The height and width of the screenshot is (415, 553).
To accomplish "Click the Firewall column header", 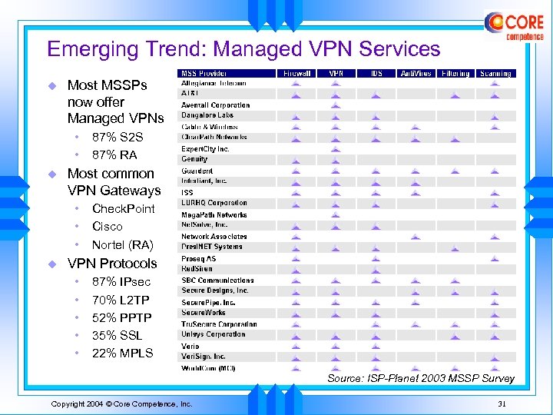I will pos(296,74).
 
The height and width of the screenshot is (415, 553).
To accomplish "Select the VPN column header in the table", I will pos(336,74).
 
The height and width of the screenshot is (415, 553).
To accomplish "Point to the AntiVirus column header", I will pos(416,74).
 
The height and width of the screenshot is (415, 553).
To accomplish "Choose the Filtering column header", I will pos(455,74).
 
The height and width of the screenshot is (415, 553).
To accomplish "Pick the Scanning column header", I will pos(495,74).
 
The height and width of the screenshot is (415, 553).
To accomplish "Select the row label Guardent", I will pos(197,171).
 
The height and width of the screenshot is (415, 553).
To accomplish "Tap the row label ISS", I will pos(187,192).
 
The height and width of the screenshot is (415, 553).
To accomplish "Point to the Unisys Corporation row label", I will pos(214,334).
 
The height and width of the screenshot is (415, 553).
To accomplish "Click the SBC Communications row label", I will pos(217,281).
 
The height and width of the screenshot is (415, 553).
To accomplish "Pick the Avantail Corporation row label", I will pos(216,105).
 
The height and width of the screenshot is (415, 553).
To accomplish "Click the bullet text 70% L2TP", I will pos(121,300).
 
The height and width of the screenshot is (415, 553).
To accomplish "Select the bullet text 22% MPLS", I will pos(122,353).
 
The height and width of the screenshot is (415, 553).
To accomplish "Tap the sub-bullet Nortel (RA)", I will pos(122,245).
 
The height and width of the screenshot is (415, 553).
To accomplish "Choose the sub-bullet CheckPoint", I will pos(123,209).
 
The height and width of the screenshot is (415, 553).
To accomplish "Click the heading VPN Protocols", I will pos(112,264).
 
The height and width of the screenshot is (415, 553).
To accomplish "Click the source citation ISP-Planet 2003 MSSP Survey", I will pos(420,378).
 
